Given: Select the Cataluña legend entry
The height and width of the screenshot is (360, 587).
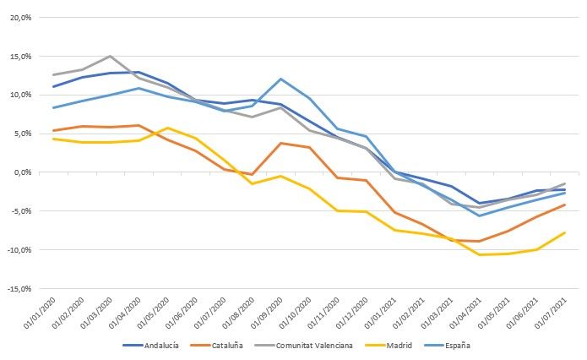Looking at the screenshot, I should [231, 345].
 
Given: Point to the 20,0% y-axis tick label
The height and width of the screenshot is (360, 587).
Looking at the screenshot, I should [20, 17].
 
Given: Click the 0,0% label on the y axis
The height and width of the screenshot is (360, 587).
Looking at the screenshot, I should [22, 172].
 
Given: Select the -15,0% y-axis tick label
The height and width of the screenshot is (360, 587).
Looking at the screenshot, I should [19, 289].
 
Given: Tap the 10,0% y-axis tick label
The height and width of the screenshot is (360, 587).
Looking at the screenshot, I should [20, 95].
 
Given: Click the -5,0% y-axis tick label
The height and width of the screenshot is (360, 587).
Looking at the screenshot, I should [21, 211].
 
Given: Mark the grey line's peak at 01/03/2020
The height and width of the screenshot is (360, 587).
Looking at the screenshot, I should [110, 56].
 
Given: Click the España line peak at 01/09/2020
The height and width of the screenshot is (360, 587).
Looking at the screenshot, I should [280, 79].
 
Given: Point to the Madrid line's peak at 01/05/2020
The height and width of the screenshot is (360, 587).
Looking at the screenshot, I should [166, 128].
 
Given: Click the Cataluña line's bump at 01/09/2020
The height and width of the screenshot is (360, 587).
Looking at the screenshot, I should [280, 143].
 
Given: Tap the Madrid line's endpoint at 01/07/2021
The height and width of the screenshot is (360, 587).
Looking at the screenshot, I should [564, 232].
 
